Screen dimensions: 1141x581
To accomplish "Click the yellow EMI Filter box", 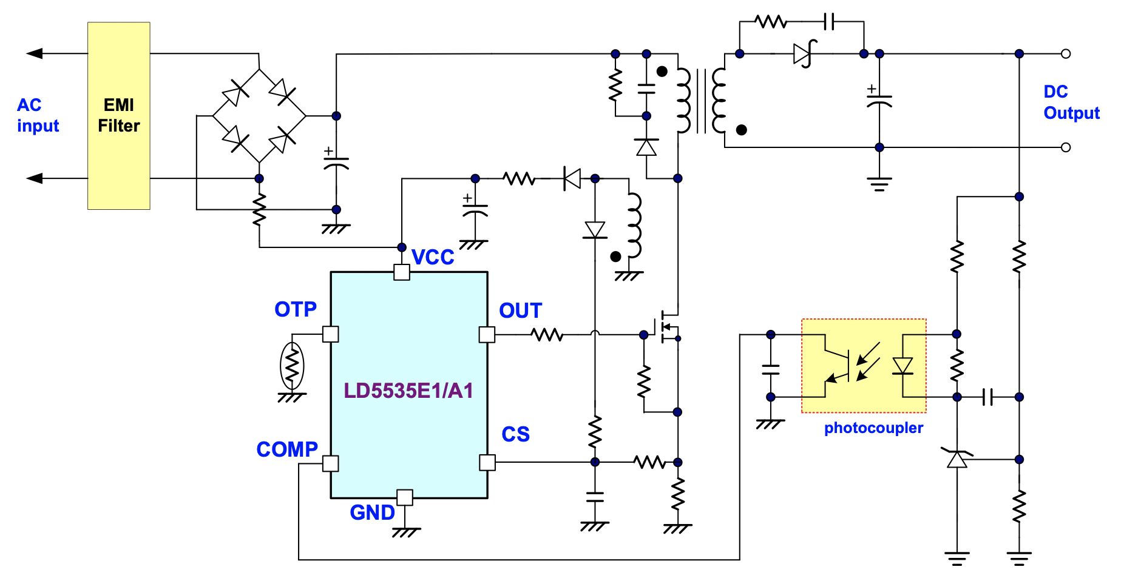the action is click(119, 116).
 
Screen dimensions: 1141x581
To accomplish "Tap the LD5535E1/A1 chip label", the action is click(408, 391).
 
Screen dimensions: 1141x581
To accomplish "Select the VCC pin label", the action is click(433, 257).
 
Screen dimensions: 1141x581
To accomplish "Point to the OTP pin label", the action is click(296, 309).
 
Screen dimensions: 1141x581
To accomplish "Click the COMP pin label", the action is click(287, 449).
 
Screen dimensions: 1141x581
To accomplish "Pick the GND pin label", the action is click(373, 512).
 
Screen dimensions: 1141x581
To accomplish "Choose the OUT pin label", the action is click(520, 311).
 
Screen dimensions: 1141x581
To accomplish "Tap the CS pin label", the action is click(515, 434).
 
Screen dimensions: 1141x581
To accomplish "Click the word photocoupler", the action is click(873, 428).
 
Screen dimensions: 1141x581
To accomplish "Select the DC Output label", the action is click(1071, 102).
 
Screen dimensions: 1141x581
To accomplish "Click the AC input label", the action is click(38, 115).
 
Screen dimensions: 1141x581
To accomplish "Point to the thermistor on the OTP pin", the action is click(292, 366).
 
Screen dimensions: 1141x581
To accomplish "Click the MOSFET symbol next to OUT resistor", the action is click(666, 327).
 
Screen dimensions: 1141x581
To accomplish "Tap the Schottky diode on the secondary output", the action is click(804, 54).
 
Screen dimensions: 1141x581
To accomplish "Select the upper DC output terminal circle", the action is click(1066, 54).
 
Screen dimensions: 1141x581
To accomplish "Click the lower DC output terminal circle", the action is click(1066, 147).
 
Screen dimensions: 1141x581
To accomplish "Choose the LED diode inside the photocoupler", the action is click(903, 366).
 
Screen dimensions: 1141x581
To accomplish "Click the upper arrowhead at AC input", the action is click(34, 53).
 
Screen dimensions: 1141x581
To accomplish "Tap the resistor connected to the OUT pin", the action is click(547, 334).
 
